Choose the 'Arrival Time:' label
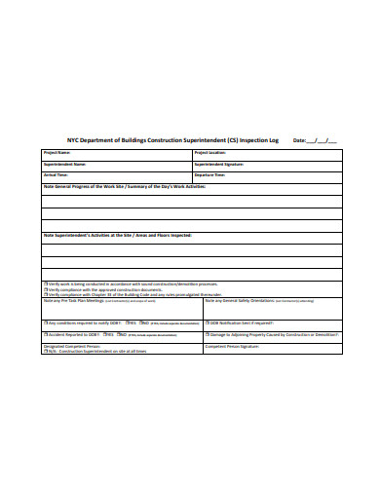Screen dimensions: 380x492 click(x=57, y=175)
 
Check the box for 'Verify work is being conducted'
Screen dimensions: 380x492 click(x=44, y=284)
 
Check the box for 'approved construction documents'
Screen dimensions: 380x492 click(x=44, y=289)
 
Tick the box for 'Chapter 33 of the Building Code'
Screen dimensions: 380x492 click(x=44, y=295)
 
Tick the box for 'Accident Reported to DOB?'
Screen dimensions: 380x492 click(x=44, y=332)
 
